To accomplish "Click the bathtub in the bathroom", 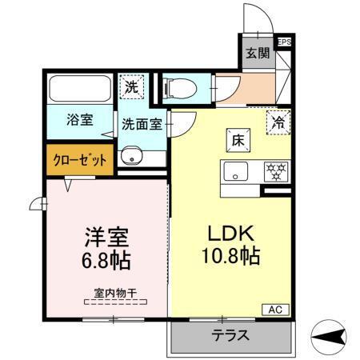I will [x=81, y=87].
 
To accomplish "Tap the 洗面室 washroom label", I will [x=141, y=125].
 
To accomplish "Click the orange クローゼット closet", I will [x=80, y=159].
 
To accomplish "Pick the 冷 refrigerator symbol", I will [x=277, y=122].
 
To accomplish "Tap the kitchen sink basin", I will [x=235, y=170].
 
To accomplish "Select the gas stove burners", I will [x=277, y=170].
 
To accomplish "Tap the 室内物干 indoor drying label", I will [x=115, y=294].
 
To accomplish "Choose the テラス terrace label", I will [x=230, y=335].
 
